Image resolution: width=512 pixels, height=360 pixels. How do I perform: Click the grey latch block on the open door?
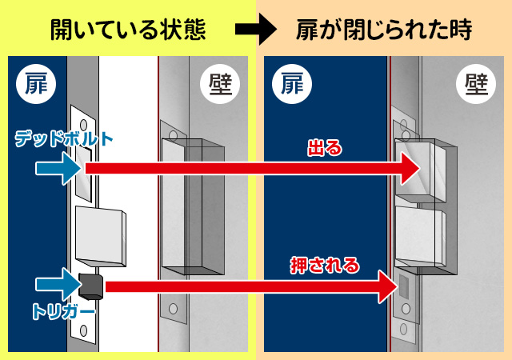pos(100,236)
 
